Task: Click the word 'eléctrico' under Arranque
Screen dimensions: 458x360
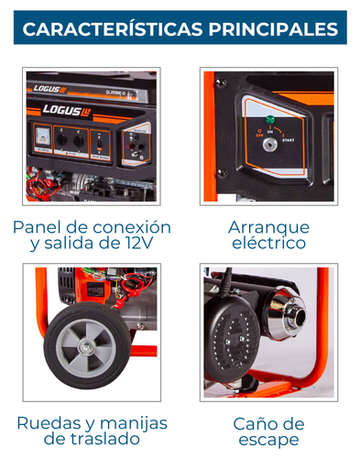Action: [x=268, y=243]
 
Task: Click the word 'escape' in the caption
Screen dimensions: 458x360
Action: [x=268, y=440]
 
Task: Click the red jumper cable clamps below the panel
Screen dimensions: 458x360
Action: [x=41, y=188]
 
